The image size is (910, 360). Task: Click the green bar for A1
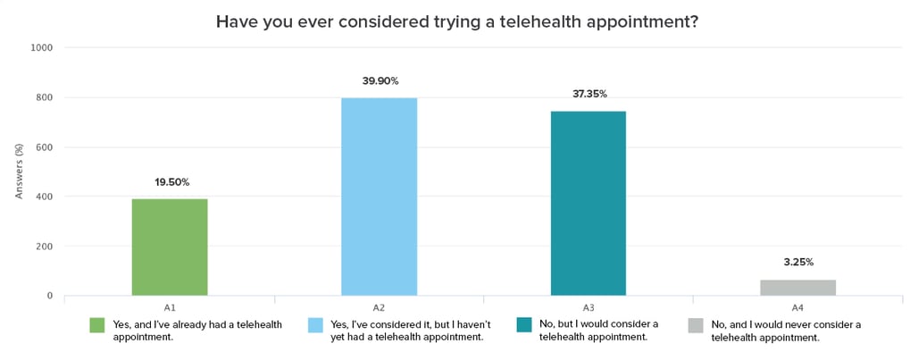pos(170,247)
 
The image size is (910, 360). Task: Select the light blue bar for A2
pos(379,197)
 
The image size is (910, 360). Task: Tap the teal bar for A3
pos(588,203)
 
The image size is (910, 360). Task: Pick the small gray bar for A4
pos(797,287)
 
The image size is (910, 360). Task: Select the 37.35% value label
pos(589,94)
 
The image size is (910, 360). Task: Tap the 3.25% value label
pos(797,263)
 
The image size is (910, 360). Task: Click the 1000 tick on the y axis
pos(43,47)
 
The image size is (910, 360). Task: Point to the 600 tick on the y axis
pos(45,147)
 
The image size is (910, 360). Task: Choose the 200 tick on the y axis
pos(45,246)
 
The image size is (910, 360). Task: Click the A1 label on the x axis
pos(170,306)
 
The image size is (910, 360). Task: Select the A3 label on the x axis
pos(588,306)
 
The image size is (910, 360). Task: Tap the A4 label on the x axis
pos(797,306)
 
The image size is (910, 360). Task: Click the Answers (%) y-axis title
pos(19,172)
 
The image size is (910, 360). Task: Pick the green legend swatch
pos(96,324)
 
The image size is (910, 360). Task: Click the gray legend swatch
pos(696,324)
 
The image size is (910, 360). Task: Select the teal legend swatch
pos(524,324)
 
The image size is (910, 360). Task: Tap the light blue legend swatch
pos(314,324)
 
